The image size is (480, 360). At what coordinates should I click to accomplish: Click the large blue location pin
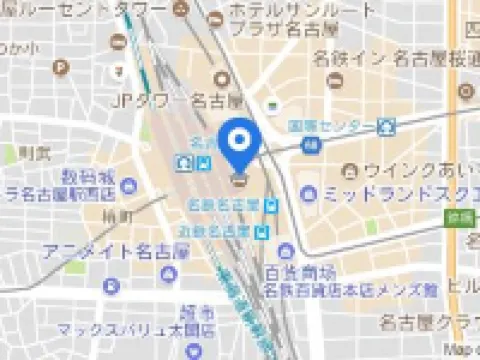239,143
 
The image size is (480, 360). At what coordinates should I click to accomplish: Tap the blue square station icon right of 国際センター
387,127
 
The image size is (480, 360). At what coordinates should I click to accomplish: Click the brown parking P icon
62,68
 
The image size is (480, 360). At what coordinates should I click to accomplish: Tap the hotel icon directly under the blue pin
239,180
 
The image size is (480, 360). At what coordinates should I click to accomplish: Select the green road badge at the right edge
459,217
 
